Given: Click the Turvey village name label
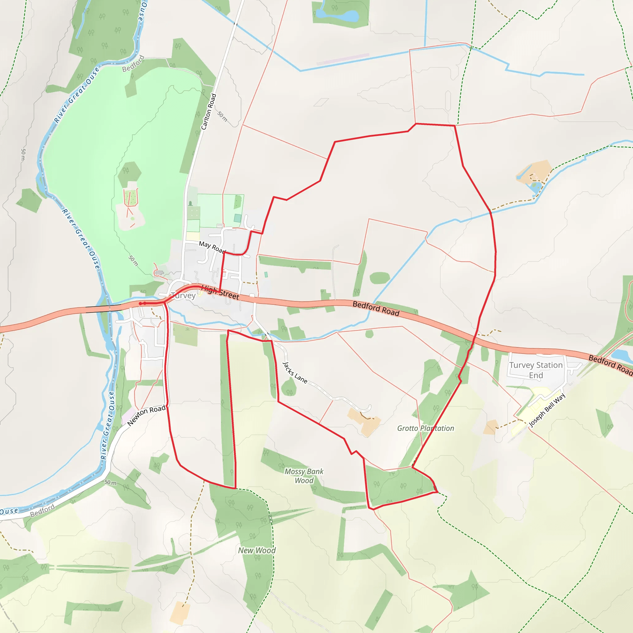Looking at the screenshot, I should (x=183, y=295).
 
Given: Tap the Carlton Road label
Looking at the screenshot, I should (x=209, y=112).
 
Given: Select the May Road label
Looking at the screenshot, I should (x=212, y=247).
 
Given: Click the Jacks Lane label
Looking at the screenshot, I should (x=295, y=373).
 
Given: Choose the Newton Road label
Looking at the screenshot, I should (x=146, y=415).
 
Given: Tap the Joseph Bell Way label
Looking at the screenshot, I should (x=547, y=410).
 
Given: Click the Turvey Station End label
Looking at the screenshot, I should (x=536, y=370).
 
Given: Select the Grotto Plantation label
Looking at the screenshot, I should (x=426, y=428).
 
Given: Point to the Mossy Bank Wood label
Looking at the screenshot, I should (x=304, y=476).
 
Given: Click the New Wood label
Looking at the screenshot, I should (x=257, y=550).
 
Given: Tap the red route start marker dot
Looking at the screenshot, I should (x=141, y=304).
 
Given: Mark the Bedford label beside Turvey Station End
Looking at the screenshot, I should (x=610, y=364).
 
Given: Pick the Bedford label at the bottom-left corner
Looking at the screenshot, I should (x=42, y=511).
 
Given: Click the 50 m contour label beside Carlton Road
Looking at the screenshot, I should (x=222, y=116).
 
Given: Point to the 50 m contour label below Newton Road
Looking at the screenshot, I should (x=110, y=482).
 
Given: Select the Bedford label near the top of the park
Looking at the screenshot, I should (x=133, y=64).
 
